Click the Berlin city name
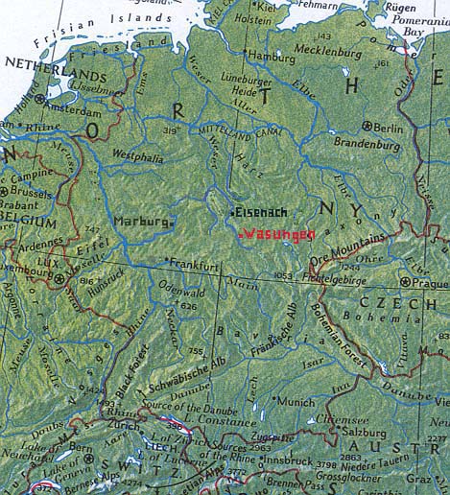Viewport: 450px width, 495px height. click(x=391, y=127)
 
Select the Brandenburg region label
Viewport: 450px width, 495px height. click(x=367, y=144)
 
